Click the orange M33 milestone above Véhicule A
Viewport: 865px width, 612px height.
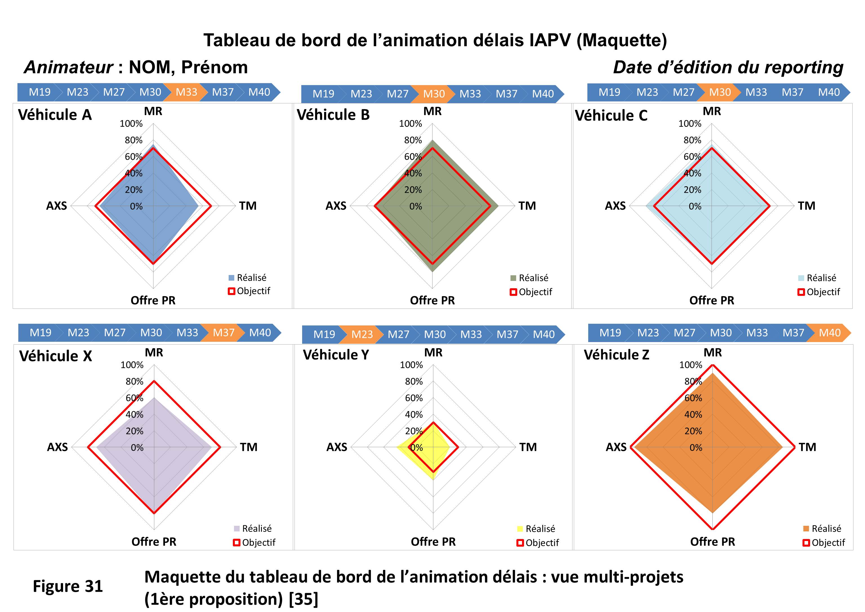point(186,92)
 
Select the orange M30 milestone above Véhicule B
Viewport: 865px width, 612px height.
point(434,94)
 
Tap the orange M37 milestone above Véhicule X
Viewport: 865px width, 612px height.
point(223,332)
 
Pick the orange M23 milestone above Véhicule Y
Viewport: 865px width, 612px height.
point(362,334)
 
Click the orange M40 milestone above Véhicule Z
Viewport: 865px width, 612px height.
point(830,332)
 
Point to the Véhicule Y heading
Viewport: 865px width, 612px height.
point(336,355)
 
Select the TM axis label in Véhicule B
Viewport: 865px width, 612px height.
point(527,206)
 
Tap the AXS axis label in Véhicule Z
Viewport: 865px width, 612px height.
point(616,447)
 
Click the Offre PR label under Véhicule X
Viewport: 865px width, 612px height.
point(154,542)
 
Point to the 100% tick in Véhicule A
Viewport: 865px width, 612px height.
point(131,124)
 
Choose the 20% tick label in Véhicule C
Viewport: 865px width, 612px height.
point(692,190)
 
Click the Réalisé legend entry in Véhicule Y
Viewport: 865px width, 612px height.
point(540,529)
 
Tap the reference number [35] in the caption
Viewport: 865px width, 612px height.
point(303,599)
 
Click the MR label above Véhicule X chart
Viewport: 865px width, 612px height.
point(154,352)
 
